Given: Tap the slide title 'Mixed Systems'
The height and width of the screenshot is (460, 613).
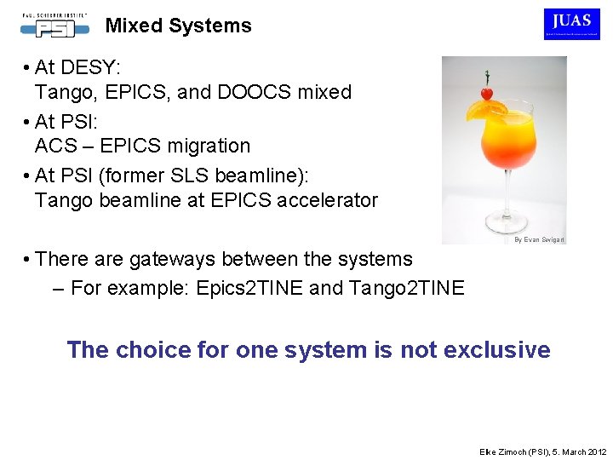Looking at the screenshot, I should click(x=178, y=26).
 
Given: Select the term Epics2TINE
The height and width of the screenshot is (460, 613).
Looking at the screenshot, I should click(x=249, y=288).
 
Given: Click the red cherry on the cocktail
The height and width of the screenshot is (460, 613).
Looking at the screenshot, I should click(x=486, y=93).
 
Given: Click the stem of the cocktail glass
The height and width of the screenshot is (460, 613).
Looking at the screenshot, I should click(x=503, y=201).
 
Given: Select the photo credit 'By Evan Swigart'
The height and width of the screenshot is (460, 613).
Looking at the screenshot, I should click(x=539, y=240).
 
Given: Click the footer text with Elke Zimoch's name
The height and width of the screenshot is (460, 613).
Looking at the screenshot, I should click(x=541, y=451).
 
